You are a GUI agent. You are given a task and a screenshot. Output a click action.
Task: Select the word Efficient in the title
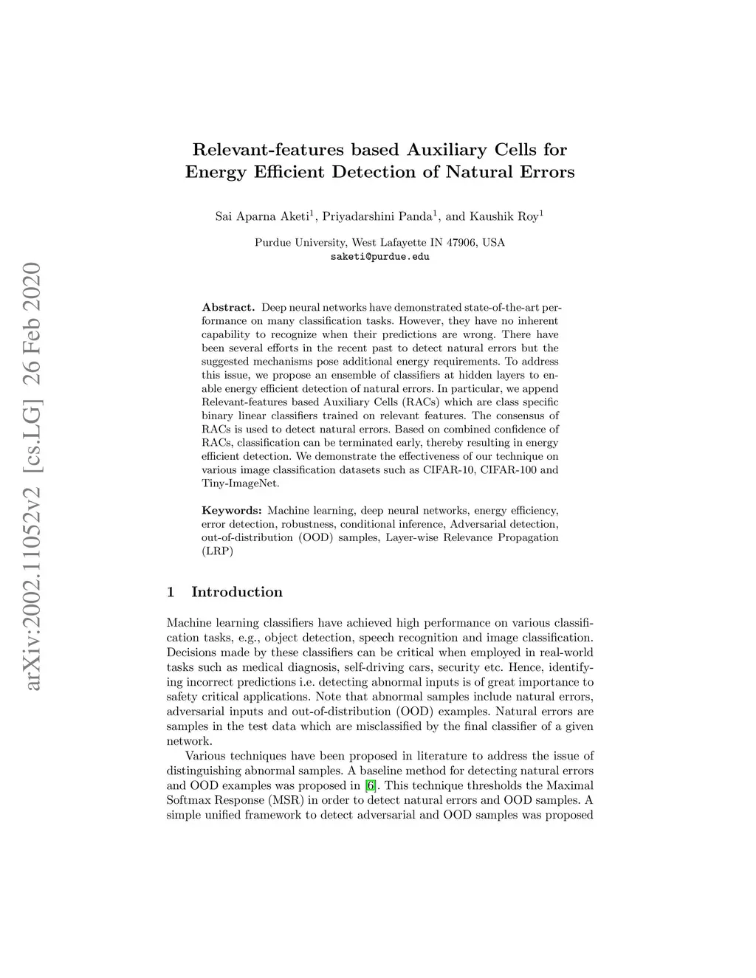coord(287,173)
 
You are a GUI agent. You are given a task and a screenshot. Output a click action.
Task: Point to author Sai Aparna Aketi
coord(262,217)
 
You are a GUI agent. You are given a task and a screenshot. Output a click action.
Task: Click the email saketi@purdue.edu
coord(379,257)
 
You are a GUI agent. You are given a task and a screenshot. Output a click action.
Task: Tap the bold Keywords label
coord(232,511)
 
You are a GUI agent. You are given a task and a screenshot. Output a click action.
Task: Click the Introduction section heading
coord(236,592)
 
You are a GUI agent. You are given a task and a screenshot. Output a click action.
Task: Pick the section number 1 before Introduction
coord(171,592)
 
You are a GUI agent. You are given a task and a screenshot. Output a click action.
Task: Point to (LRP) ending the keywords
coord(217,551)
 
